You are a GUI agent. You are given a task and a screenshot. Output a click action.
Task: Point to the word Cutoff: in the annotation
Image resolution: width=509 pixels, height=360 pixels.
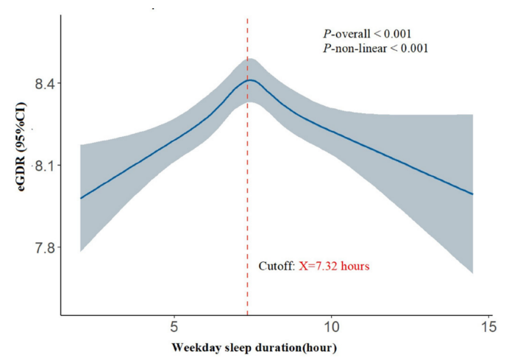[x=277, y=266]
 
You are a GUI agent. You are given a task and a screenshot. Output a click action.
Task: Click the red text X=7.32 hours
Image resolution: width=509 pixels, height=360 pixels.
[x=334, y=266]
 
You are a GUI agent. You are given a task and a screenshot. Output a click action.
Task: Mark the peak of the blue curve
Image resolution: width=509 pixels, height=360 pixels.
[x=250, y=80]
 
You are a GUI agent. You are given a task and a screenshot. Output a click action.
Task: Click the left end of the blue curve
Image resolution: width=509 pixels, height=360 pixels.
[x=80, y=198]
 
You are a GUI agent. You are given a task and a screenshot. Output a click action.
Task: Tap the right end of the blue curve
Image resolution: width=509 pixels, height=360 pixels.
[x=472, y=194]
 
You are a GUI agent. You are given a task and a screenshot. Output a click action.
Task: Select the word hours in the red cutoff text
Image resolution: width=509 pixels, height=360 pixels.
[x=355, y=266]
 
